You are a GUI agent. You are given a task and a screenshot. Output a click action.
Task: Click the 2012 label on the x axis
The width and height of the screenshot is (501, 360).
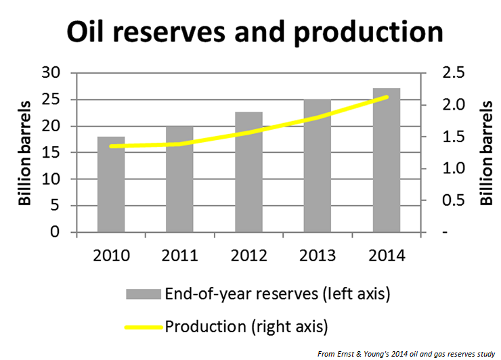click(248, 256)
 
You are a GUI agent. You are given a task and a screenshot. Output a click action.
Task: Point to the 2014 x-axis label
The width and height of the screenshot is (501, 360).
click(386, 256)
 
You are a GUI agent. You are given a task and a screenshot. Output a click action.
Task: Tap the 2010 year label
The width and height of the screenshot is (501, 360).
click(111, 256)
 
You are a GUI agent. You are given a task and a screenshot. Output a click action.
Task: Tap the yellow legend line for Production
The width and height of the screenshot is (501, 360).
click(143, 327)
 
